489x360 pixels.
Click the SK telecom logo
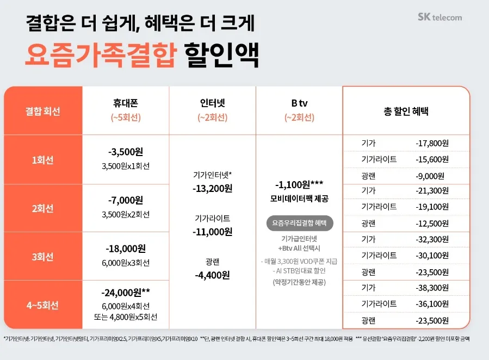pyautogui.click(x=440, y=17)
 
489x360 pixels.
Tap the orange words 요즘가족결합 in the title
pyautogui.click(x=101, y=54)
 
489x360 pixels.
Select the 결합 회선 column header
pyautogui.click(x=43, y=111)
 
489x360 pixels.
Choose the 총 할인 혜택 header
pyautogui.click(x=406, y=111)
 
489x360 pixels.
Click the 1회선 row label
pyautogui.click(x=43, y=160)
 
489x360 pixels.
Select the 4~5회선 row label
pyautogui.click(x=43, y=305)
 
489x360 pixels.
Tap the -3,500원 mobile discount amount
pyautogui.click(x=126, y=152)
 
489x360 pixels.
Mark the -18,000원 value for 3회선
pyautogui.click(x=126, y=249)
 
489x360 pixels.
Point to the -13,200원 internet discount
pyautogui.click(x=212, y=188)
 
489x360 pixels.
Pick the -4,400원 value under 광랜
pyautogui.click(x=212, y=275)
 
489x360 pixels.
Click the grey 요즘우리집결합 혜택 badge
pyautogui.click(x=299, y=223)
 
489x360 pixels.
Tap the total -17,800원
pyautogui.click(x=432, y=143)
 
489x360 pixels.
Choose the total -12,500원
pyautogui.click(x=432, y=223)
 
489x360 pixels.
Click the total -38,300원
pyautogui.click(x=432, y=287)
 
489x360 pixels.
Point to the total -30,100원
pyautogui.click(x=432, y=256)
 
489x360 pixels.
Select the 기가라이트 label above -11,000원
pyautogui.click(x=212, y=218)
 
